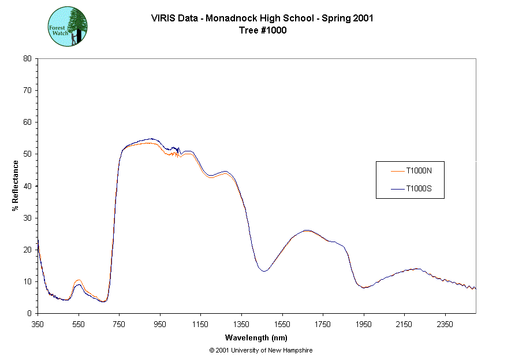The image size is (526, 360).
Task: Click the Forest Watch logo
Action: [x=68, y=27]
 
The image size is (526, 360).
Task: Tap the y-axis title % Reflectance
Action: [x=16, y=185]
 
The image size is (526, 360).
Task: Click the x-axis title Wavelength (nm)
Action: [x=256, y=338]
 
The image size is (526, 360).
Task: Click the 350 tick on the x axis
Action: [x=38, y=324]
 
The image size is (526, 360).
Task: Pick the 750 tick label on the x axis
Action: [x=119, y=324]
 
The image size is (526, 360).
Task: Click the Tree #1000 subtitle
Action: [x=263, y=31]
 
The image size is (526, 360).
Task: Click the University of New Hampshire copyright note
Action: [x=261, y=350]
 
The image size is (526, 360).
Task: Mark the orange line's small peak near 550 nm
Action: [x=79, y=280]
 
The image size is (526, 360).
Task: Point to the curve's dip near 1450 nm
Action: [x=264, y=271]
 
